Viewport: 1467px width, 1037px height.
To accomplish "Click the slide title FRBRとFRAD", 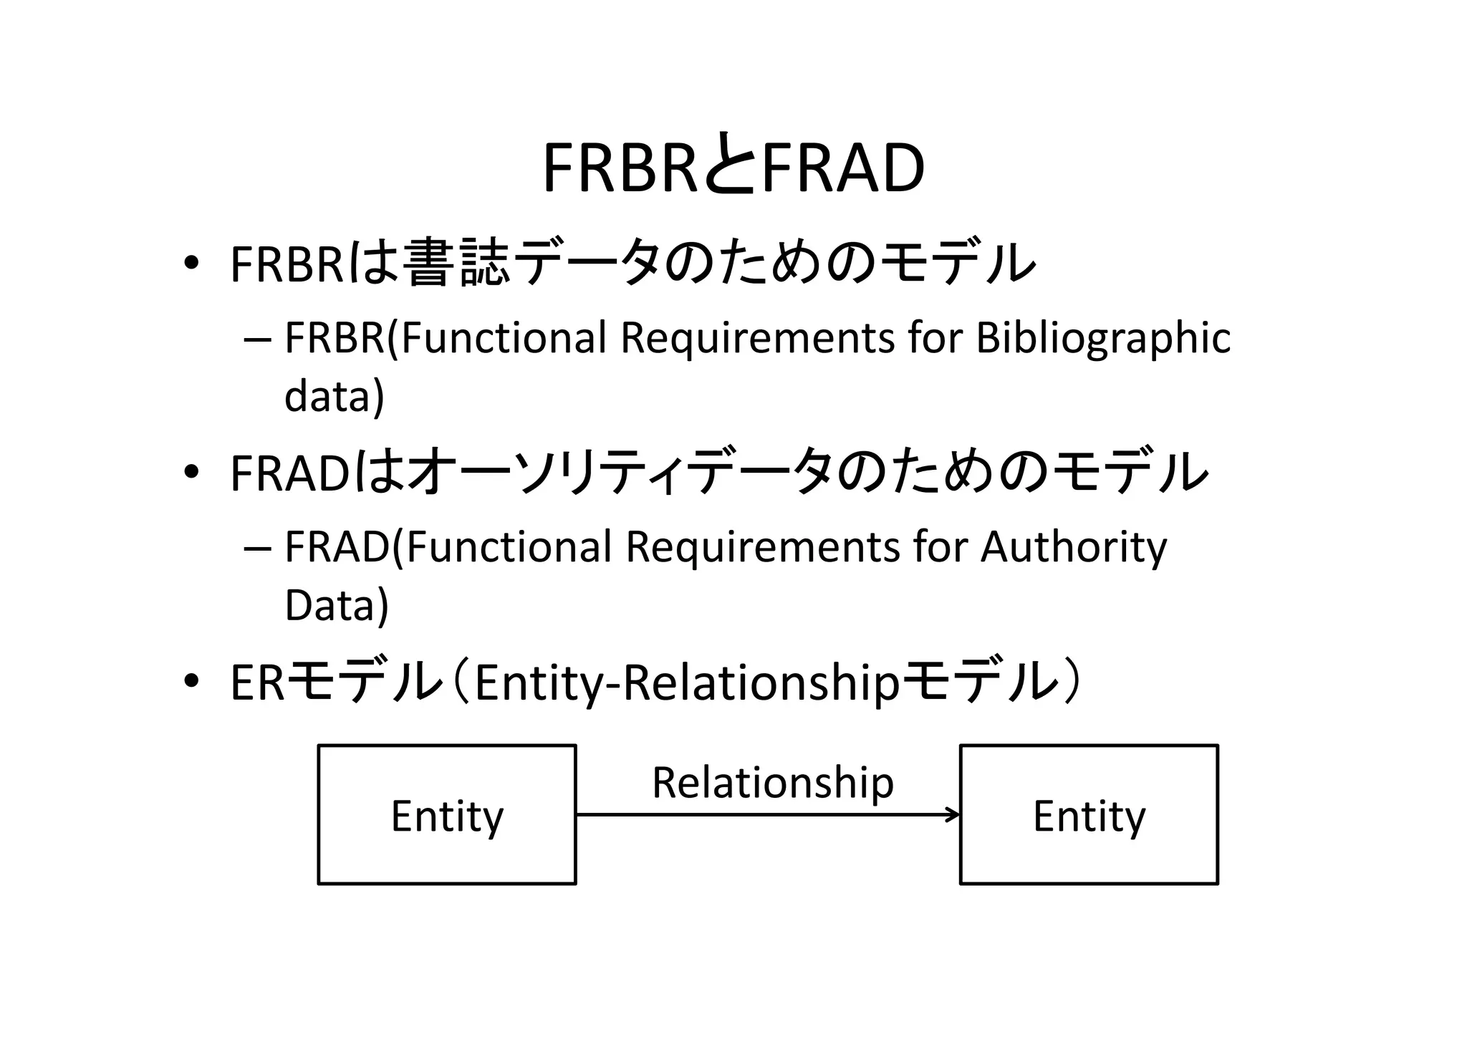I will pos(733,168).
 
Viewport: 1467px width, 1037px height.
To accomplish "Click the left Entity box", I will pos(447,815).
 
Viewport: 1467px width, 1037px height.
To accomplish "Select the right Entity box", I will pos(1089,815).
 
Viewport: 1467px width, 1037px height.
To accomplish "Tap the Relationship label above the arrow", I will pos(773,782).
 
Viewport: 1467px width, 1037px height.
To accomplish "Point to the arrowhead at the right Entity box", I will pos(954,814).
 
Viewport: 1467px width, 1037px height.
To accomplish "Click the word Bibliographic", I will pos(1103,338).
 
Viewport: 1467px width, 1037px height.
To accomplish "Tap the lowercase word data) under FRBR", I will pos(334,396).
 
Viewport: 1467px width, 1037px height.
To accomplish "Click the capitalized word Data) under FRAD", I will pos(336,605).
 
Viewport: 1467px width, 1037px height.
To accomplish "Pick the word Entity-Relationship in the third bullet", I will pos(686,683).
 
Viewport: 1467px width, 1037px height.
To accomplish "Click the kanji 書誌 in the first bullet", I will pos(456,263).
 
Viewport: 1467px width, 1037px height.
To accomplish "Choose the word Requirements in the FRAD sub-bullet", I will pos(762,547).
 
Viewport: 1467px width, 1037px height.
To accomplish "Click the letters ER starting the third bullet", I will pos(257,683).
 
